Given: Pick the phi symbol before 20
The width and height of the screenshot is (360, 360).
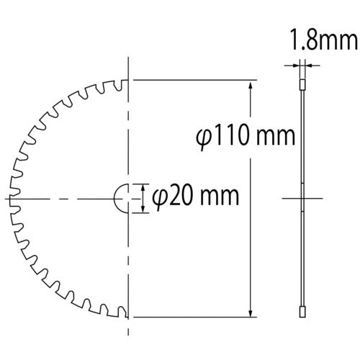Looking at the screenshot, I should (x=161, y=196).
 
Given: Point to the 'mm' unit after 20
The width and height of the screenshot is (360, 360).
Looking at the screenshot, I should (x=214, y=195).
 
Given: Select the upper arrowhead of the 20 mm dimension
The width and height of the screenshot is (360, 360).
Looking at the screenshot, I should (x=142, y=186).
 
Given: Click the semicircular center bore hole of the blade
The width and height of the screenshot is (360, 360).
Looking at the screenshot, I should (x=122, y=197).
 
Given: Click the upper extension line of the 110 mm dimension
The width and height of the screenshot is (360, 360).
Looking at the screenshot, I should (x=194, y=79).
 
